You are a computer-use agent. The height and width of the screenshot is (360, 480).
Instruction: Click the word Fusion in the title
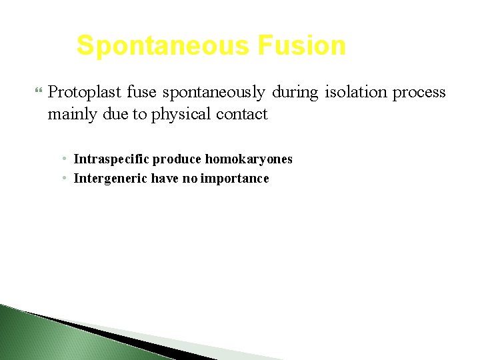coord(302,46)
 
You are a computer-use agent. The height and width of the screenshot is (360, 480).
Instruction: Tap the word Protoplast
coord(83,92)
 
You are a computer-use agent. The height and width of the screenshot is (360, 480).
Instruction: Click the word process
coord(419,92)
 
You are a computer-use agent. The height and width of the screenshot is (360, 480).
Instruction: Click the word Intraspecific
coord(111,159)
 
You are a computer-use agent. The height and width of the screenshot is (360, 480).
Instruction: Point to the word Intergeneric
coord(111,179)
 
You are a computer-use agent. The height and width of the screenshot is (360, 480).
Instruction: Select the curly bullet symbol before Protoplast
coord(37,91)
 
